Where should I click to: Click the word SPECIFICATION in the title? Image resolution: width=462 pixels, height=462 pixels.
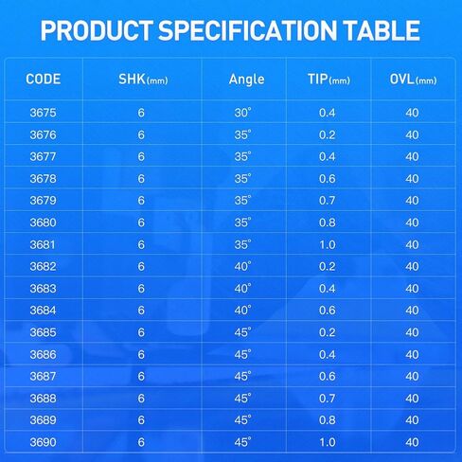coord(248,30)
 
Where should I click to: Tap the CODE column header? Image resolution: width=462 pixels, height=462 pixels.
coord(44,80)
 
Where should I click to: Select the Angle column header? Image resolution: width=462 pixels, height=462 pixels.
coord(247,80)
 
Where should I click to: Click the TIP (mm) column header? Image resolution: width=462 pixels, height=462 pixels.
coord(329,80)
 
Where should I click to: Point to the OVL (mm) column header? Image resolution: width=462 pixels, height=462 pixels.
coord(413,80)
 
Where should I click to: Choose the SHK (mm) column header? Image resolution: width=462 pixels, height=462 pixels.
coord(143,80)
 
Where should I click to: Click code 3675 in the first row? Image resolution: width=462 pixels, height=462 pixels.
coord(43,113)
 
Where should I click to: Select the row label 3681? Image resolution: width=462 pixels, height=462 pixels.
coord(43,244)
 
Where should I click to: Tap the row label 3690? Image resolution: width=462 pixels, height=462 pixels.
coord(43,442)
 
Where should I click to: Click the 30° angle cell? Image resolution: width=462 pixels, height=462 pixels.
coord(242,113)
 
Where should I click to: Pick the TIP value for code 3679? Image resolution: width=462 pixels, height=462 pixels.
coord(327,201)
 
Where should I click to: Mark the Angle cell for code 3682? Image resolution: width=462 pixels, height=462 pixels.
coord(242,266)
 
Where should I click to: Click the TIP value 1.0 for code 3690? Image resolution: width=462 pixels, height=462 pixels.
coord(328,442)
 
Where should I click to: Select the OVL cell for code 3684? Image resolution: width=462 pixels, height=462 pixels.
coord(412,311)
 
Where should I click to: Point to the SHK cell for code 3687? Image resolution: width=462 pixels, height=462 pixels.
coord(141,376)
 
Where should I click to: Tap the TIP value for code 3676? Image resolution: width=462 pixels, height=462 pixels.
coord(327,134)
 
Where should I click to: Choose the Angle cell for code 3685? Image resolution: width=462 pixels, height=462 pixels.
coord(242,332)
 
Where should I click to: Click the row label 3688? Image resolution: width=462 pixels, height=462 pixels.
coord(43,399)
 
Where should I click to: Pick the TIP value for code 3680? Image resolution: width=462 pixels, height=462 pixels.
coord(327,222)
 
